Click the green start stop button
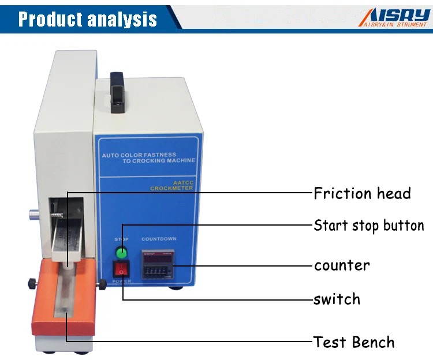click(122, 252)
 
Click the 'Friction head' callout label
click(362, 193)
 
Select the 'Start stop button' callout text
click(369, 225)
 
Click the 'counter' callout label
click(342, 265)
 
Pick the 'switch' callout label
click(337, 299)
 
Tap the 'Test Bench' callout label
click(354, 342)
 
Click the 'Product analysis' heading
click(87, 19)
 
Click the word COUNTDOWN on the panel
click(159, 239)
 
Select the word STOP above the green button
click(122, 239)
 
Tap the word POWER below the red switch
click(122, 281)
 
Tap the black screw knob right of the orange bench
click(102, 284)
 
